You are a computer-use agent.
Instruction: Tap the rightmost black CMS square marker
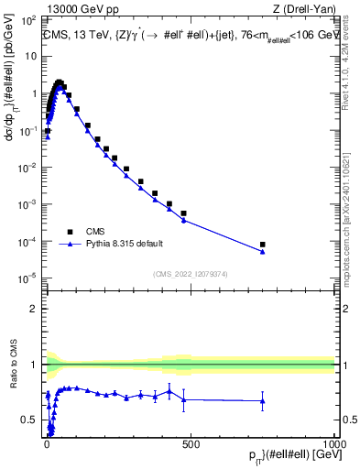[263, 245]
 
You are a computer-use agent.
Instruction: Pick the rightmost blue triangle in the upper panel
[263, 252]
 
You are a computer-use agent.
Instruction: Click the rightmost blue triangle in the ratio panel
[263, 400]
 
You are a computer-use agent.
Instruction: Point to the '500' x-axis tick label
[191, 444]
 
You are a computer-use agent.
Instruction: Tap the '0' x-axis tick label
[47, 444]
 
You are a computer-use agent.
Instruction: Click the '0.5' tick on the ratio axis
[29, 420]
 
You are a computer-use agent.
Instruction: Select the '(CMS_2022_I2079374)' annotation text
[190, 273]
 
